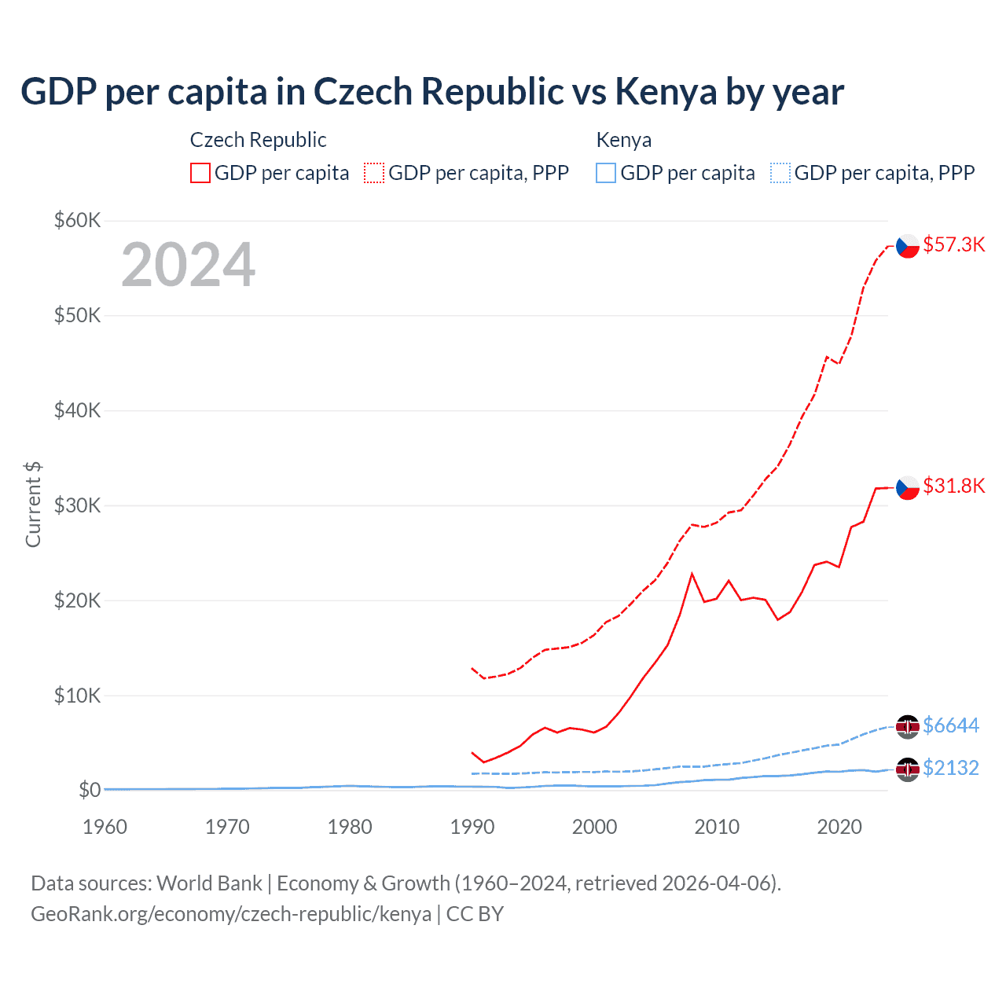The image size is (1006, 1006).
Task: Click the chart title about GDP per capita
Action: [x=431, y=92]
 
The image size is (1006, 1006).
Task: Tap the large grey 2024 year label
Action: [x=188, y=266]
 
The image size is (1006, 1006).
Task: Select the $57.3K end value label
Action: [x=953, y=244]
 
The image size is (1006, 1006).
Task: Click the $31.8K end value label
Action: [x=953, y=486]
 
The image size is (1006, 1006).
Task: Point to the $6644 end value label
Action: [x=951, y=725]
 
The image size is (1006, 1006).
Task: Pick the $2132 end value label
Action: [x=951, y=768]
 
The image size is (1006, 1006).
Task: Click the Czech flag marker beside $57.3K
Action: [x=908, y=246]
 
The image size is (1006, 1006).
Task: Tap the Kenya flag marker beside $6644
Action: [x=908, y=726]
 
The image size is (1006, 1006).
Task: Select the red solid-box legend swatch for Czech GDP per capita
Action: [x=200, y=173]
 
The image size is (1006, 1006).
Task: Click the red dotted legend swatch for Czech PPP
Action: [x=374, y=173]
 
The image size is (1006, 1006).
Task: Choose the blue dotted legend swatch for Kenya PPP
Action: [x=780, y=173]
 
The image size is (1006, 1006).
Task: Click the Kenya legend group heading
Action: [x=623, y=140]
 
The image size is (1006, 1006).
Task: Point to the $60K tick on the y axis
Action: [x=77, y=220]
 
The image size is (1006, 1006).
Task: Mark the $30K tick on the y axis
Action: [x=77, y=505]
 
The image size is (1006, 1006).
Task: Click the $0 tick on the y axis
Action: [x=89, y=790]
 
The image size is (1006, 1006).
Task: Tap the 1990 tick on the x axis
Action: [x=472, y=827]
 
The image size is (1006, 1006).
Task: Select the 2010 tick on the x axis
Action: [x=717, y=827]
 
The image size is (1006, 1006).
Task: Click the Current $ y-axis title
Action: [x=33, y=505]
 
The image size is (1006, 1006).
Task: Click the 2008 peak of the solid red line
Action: [x=692, y=574]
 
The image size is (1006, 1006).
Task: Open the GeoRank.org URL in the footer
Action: [x=231, y=914]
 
